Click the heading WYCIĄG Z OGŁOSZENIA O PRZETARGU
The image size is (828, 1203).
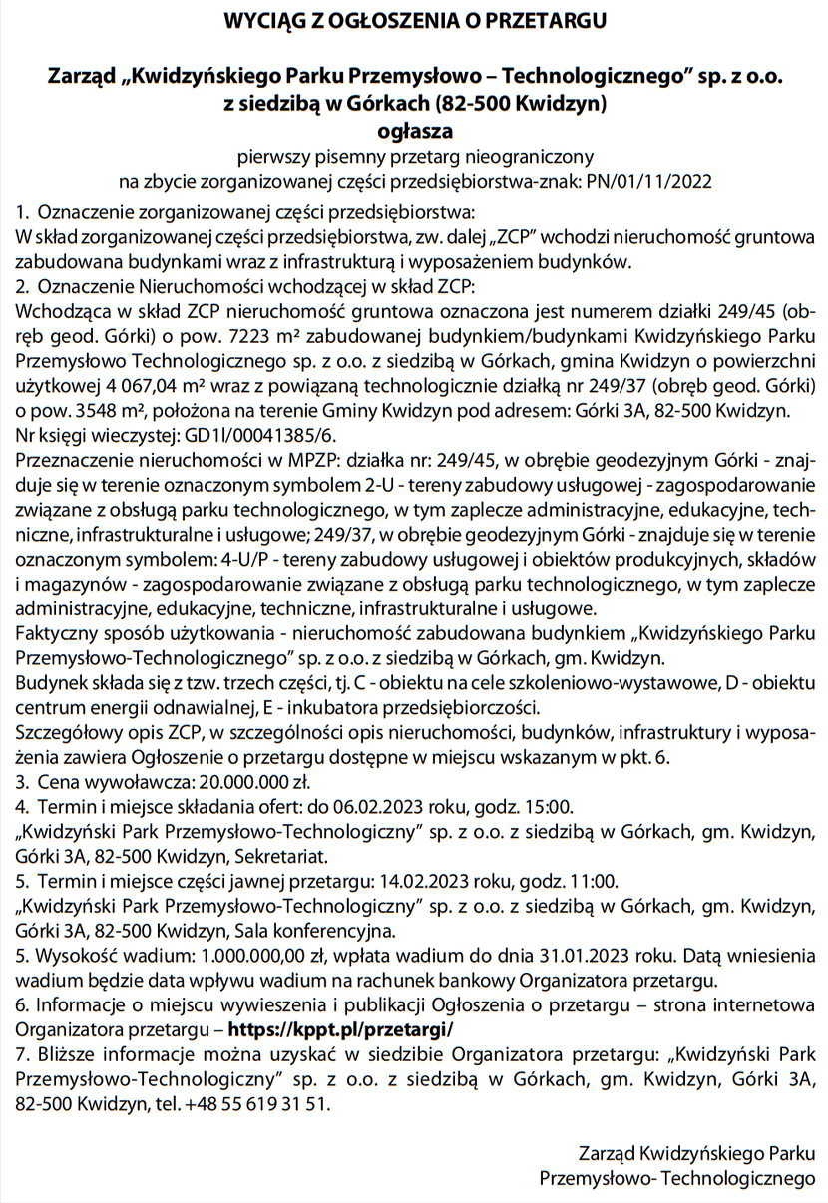414,20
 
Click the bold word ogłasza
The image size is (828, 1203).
414,130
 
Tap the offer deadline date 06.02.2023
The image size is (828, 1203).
387,805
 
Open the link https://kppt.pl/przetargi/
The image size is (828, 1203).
340,1027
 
